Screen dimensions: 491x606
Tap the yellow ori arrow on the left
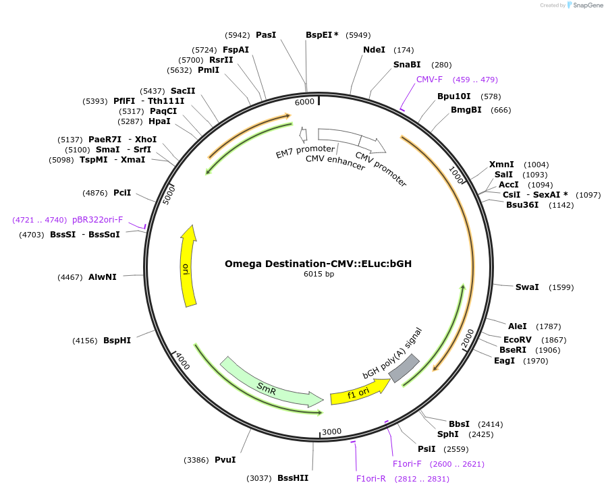188,266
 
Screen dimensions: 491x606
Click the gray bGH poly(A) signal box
404,368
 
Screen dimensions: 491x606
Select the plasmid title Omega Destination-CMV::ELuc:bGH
319,264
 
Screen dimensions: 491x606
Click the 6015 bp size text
319,274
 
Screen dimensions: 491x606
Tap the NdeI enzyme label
375,50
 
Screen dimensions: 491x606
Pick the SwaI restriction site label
527,287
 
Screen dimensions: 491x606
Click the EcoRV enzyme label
518,340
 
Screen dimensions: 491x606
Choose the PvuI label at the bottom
225,460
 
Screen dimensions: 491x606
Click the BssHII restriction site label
293,478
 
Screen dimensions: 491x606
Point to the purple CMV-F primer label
429,80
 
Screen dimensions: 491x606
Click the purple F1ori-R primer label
371,479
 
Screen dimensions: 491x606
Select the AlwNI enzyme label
103,277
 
